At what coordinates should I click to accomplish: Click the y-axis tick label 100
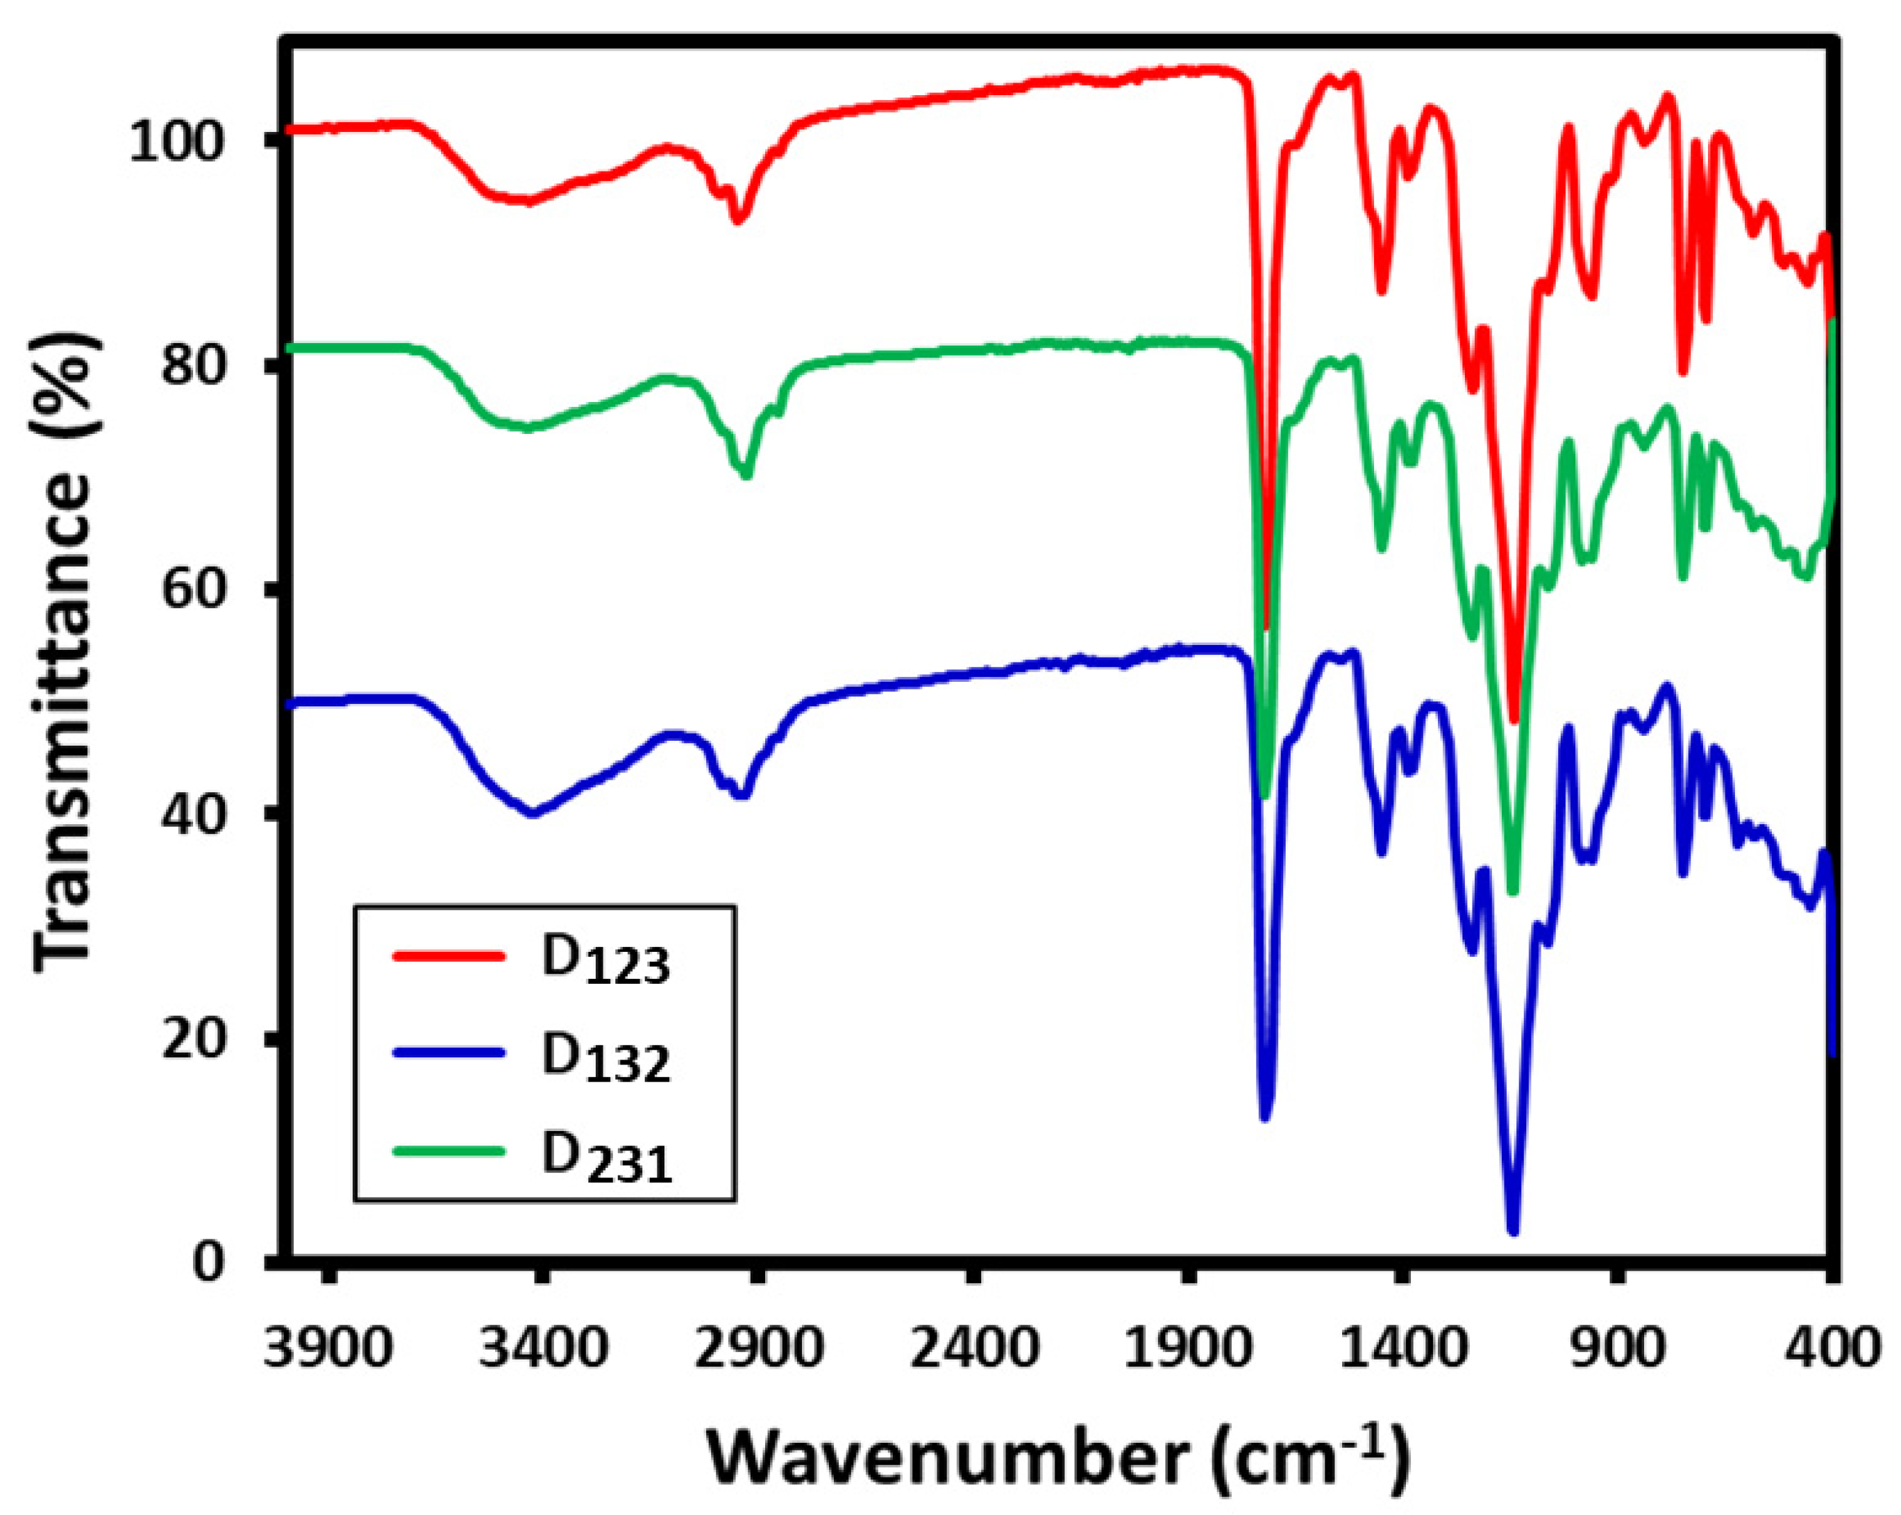(177, 140)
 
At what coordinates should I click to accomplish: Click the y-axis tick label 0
(209, 1262)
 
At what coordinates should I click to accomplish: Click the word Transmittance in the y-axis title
(63, 723)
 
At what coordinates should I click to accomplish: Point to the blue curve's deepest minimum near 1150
(1513, 1231)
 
